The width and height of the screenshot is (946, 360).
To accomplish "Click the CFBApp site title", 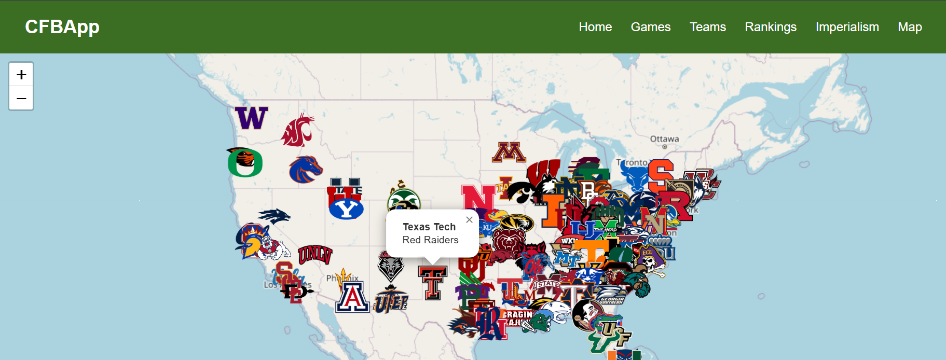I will pos(62,26).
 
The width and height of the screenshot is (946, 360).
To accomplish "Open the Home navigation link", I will pos(595,27).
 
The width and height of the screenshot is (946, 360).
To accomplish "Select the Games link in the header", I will pos(651,27).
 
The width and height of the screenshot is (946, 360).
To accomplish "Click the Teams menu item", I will pos(708,27).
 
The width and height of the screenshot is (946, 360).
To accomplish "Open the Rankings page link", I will pos(771,27).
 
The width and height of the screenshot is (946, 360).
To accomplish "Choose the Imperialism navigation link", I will pos(847,27).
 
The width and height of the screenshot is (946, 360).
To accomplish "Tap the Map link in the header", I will pos(910,27).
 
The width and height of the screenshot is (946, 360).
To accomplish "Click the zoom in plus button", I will pos(21,75).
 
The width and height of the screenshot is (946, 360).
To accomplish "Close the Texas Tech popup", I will pos(469,220).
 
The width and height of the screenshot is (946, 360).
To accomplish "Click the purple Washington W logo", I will pos(252,118).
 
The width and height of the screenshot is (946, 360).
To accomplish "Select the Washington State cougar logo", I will pos(298,130).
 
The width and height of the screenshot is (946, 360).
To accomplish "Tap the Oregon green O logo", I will pos(245,163).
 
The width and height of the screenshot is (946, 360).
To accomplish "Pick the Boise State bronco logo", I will pos(305,170).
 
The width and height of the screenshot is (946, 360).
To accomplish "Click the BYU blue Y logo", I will pos(346,209).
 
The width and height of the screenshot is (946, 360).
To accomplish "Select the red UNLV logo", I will pos(314,254).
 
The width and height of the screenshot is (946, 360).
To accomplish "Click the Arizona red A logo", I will pos(352,297).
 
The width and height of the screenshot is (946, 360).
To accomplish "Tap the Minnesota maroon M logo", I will pos(509,152).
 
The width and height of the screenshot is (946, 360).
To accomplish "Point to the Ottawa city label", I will pos(664,139).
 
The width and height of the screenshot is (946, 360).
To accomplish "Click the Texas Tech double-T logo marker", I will pos(433,283).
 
